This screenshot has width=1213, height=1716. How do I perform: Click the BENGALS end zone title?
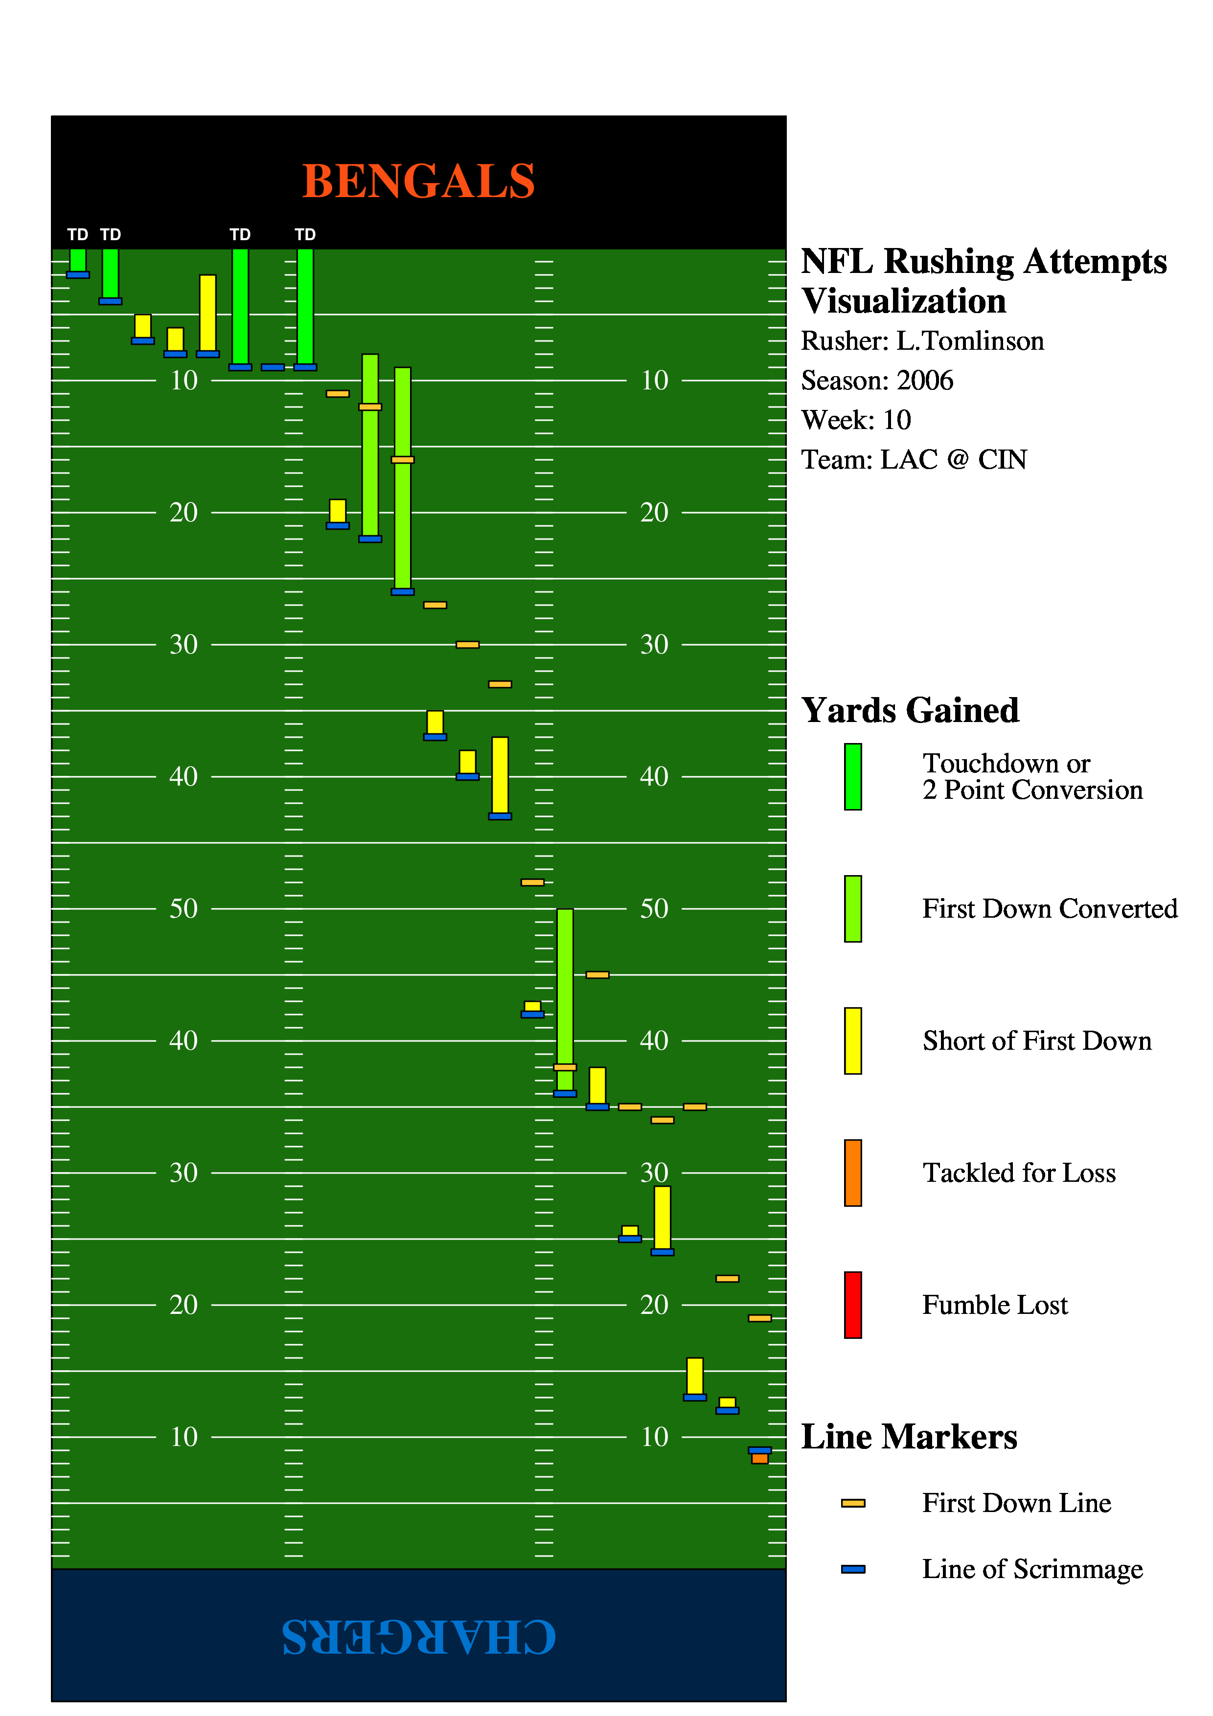418,181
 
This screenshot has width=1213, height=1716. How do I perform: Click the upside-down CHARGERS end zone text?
418,1636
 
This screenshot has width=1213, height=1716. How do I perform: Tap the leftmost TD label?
78,235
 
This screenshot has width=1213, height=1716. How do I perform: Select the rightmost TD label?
305,235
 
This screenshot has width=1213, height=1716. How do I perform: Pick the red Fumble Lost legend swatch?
853,1305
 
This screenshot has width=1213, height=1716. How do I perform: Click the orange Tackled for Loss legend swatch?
853,1173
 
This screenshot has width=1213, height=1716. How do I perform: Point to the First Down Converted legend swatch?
853,909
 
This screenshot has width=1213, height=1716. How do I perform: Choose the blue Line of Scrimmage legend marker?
853,1569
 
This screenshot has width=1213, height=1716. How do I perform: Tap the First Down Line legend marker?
853,1503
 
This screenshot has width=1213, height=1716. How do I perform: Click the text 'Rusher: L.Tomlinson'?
922,341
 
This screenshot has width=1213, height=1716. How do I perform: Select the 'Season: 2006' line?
877,381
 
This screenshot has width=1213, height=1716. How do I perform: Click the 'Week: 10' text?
856,420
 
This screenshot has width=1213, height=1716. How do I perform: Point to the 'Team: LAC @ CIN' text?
914,460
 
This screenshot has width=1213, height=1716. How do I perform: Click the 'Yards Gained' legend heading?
910,710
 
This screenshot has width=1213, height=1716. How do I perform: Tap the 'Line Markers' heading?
909,1437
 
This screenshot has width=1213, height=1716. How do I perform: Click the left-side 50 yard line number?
184,909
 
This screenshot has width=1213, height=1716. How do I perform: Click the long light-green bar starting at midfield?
565,987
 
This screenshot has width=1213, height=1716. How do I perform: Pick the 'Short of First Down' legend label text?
1037,1041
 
